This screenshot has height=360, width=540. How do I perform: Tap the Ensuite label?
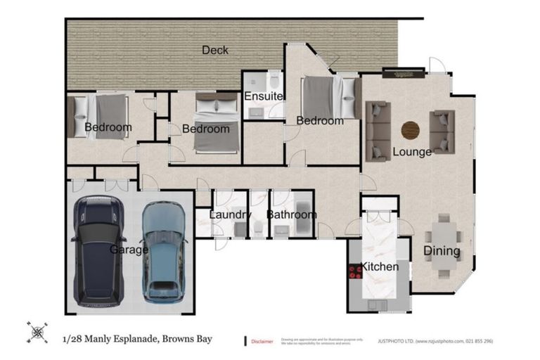[x=264, y=96]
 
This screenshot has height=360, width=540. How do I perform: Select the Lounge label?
[x=411, y=151]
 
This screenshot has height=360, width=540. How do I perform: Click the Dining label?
[x=442, y=251]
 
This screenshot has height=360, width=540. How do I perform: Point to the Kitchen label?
[x=380, y=267]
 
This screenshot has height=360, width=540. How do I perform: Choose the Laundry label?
[x=231, y=214]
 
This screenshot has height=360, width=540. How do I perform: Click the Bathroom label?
[x=292, y=214]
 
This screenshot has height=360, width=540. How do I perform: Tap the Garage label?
[x=129, y=250]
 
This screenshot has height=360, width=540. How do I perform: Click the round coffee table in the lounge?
[x=410, y=130]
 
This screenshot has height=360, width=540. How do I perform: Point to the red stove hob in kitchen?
[x=354, y=273]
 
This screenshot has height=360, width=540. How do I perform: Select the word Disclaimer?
[x=262, y=341]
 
